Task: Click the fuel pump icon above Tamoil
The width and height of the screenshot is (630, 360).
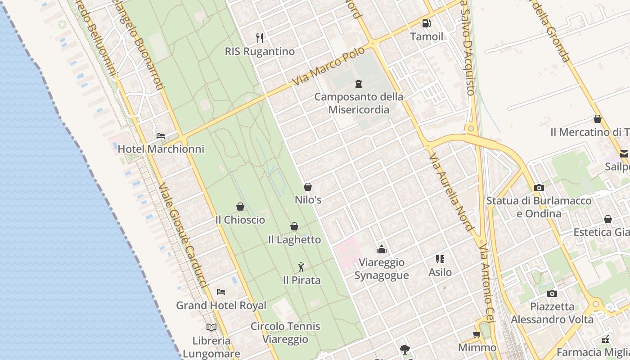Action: click(426, 23)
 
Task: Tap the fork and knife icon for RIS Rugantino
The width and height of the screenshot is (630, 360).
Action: click(260, 38)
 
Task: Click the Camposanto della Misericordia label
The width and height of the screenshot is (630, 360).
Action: click(359, 103)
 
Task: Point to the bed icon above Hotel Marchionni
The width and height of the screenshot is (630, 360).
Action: click(161, 135)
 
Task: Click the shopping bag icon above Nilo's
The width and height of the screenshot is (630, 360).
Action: click(308, 186)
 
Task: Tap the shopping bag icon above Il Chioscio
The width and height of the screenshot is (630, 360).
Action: click(240, 207)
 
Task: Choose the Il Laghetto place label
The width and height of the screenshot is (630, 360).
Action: click(294, 240)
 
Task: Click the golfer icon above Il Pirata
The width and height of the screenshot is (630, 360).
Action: click(301, 267)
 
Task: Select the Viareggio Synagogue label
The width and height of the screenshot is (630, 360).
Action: click(382, 269)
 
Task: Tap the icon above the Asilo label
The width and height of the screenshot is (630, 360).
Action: click(440, 259)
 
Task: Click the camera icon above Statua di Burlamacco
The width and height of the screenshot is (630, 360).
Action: click(539, 188)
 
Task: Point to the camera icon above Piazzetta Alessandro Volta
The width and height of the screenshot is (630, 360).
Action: click(552, 293)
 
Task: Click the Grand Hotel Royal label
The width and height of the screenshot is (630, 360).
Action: click(221, 306)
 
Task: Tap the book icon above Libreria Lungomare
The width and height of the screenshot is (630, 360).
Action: click(211, 327)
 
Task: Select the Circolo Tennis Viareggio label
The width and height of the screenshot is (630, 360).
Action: click(285, 333)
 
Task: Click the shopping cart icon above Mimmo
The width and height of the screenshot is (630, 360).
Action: click(477, 334)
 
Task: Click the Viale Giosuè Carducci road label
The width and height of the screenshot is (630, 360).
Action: click(182, 234)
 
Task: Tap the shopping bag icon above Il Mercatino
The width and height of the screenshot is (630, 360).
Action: click(598, 119)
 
